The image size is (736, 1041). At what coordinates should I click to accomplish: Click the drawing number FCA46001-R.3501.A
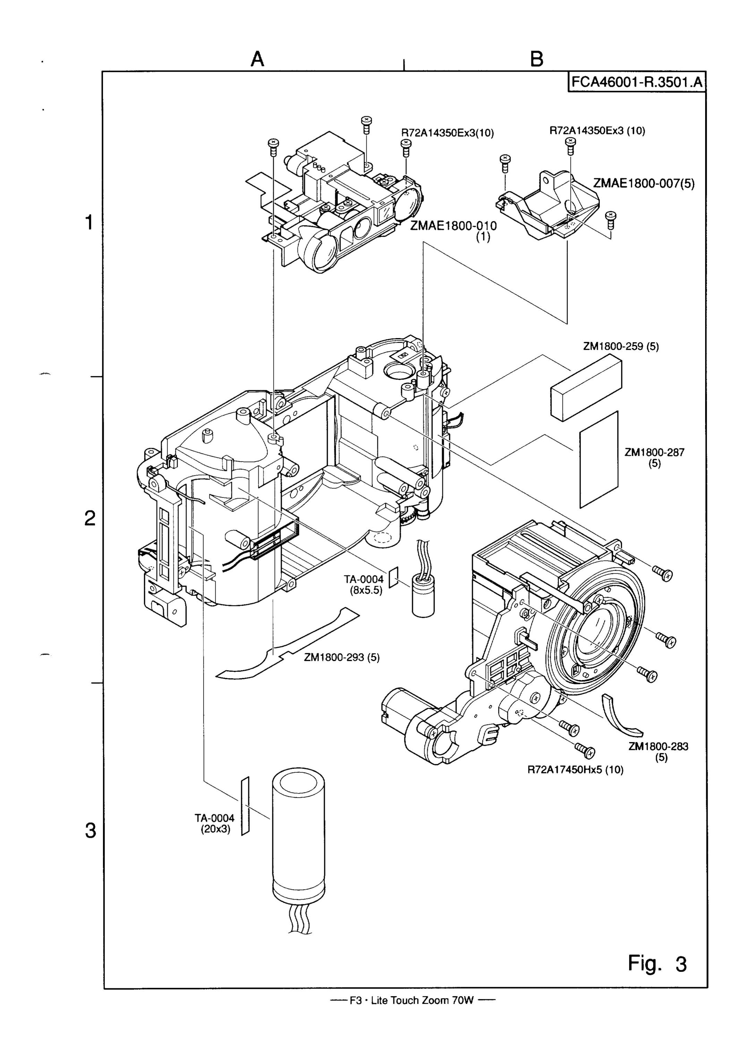[x=637, y=82]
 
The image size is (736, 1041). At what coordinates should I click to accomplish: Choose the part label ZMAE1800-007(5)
[x=643, y=183]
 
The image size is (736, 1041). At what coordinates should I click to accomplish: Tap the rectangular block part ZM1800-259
[x=586, y=387]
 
